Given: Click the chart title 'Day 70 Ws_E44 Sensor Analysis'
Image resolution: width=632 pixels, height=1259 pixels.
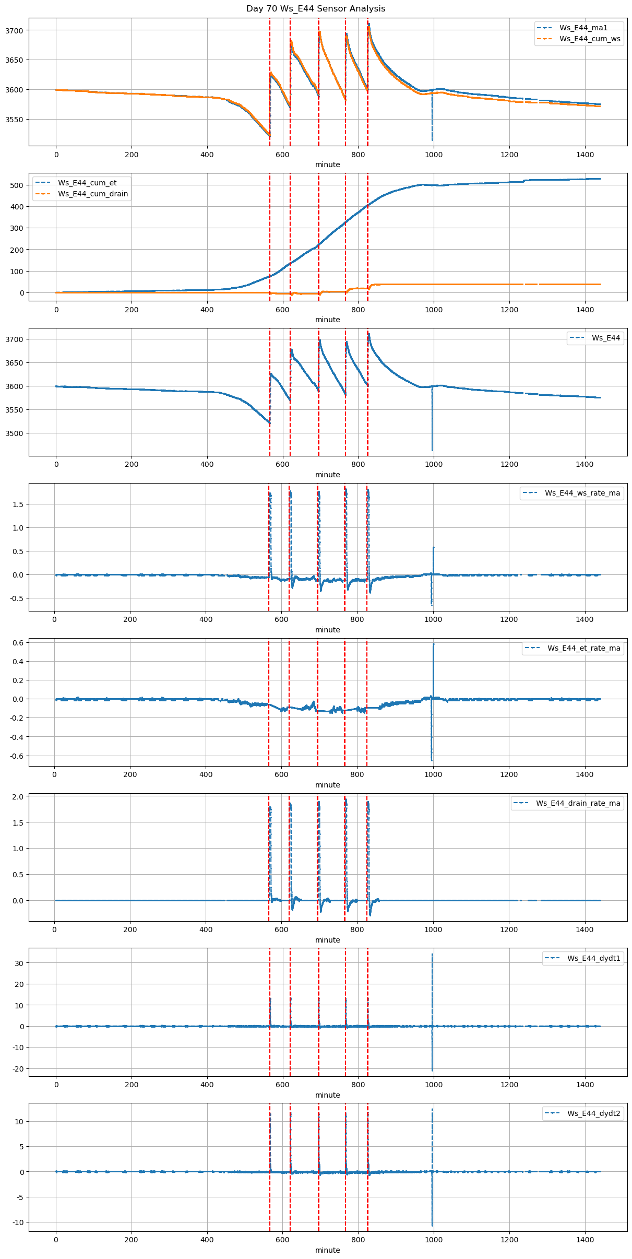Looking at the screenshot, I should coord(316,8).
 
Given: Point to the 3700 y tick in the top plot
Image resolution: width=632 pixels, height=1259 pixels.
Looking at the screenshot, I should coord(14,30).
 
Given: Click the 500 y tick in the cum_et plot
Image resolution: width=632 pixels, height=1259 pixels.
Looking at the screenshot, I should coord(17,185).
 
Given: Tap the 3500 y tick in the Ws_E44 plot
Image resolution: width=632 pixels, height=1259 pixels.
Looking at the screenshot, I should coord(14,433).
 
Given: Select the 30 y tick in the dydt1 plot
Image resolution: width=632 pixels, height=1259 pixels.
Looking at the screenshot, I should coord(19,963).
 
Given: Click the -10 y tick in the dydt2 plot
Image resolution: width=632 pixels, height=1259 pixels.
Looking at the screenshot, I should coord(17,1222).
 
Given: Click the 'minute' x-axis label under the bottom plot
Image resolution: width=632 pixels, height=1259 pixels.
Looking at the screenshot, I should coord(327,1250).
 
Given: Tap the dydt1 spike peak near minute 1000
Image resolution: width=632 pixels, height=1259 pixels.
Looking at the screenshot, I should coord(432,954).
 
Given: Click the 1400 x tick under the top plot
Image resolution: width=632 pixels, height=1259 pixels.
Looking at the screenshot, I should coord(585,155).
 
